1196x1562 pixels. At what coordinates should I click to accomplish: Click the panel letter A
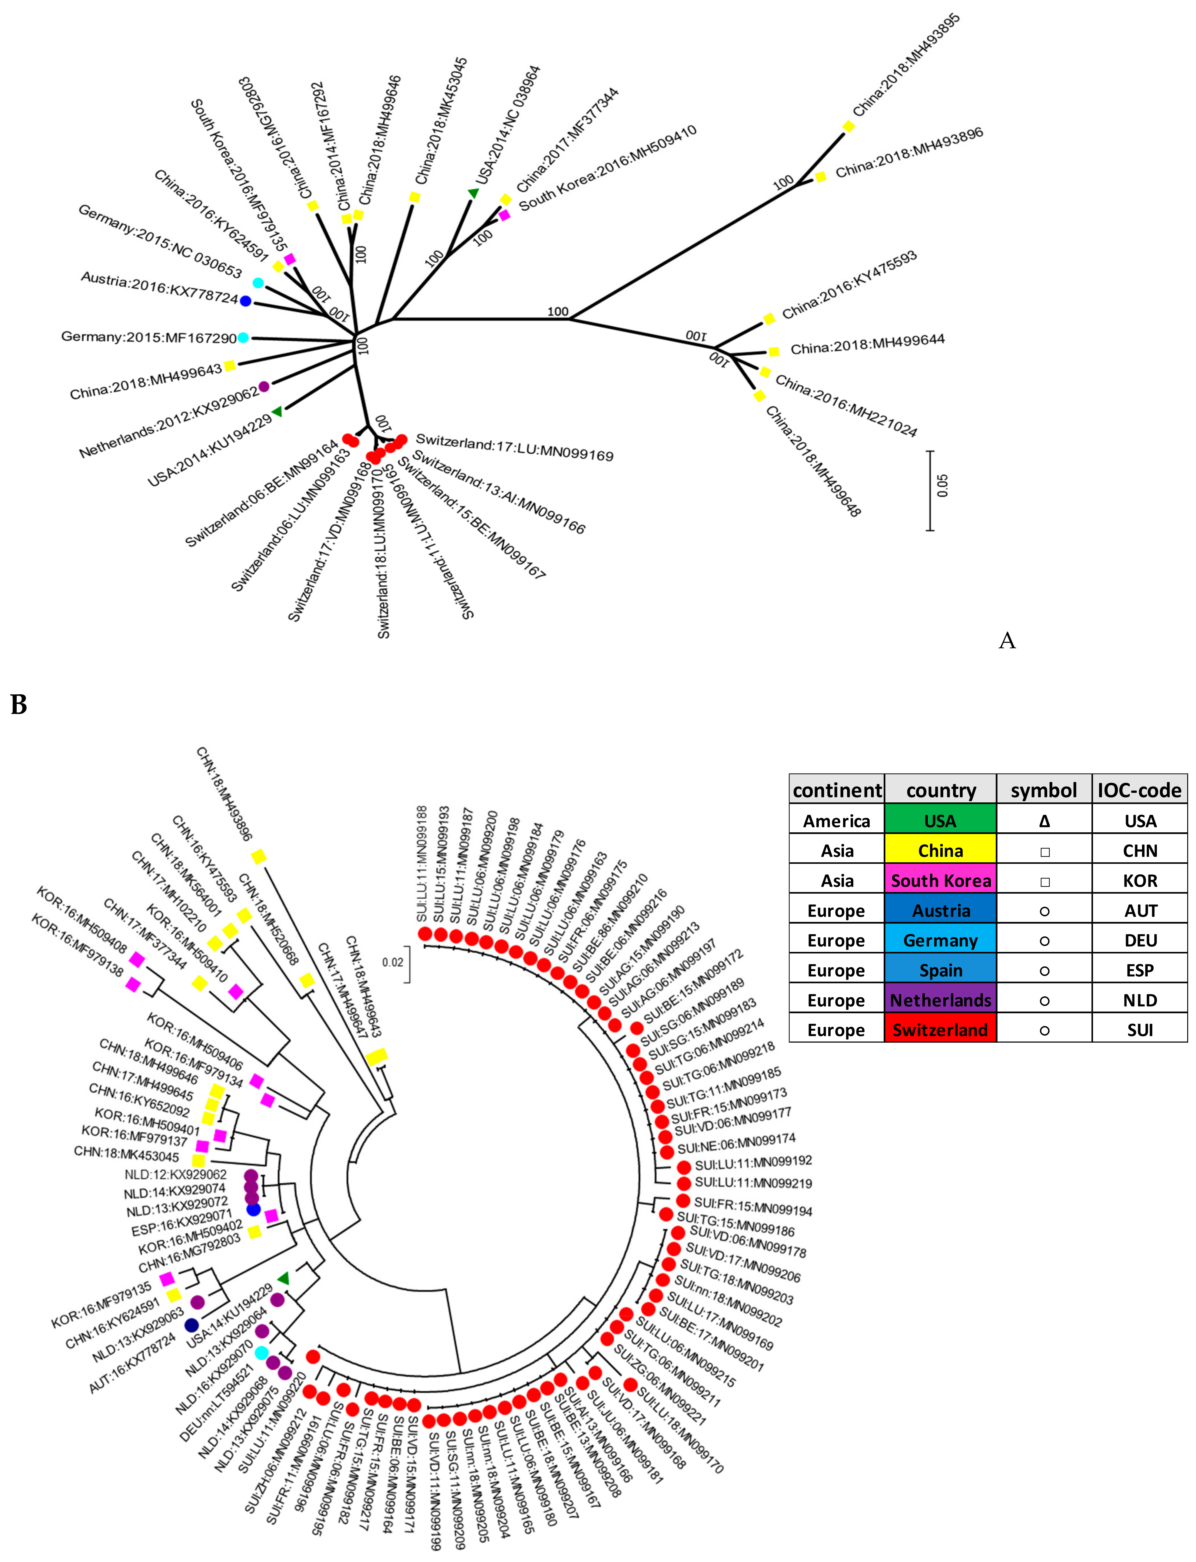coord(1007,641)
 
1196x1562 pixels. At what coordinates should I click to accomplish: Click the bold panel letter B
coord(19,705)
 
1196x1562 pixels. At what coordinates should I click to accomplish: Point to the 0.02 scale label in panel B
coord(392,963)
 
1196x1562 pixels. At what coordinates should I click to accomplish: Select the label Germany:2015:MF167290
coord(148,337)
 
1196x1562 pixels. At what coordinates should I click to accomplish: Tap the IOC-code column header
coord(1139,790)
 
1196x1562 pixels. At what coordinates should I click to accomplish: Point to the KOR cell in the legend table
coord(1140,880)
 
